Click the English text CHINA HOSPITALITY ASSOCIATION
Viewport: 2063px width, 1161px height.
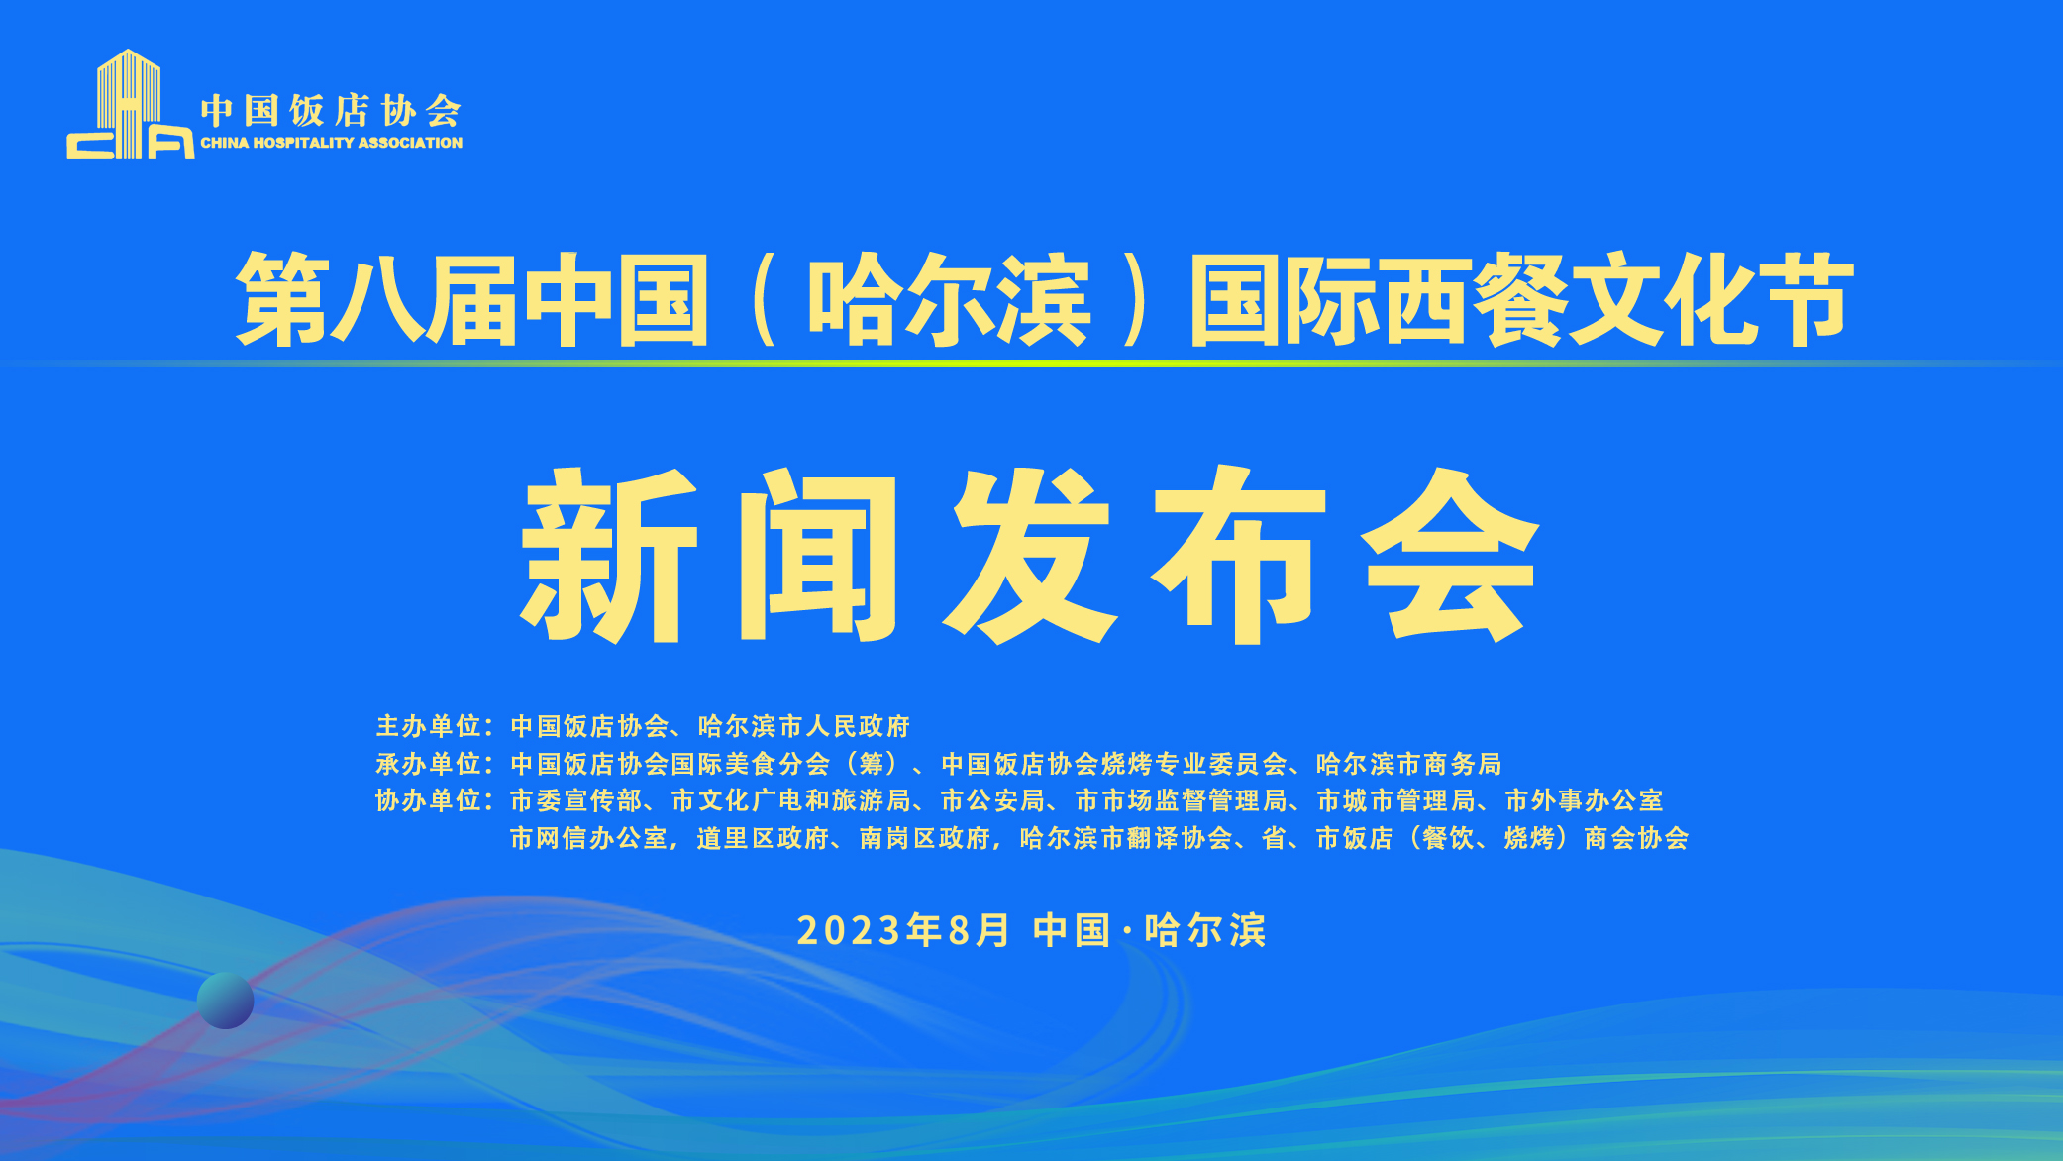(332, 143)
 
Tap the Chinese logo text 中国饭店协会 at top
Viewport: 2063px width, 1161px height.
(331, 111)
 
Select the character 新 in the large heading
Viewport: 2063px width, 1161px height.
(610, 555)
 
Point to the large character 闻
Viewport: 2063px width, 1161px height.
(818, 555)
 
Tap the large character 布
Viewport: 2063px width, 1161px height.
(1239, 555)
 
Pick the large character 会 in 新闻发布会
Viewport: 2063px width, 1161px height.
(1451, 555)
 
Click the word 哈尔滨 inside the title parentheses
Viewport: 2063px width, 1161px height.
(950, 299)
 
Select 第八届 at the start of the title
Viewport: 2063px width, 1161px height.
(376, 299)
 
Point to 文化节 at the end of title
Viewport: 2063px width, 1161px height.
(1711, 299)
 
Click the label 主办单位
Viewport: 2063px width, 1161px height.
(428, 726)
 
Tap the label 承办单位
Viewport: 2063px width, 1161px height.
(428, 764)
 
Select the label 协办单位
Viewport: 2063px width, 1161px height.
(428, 800)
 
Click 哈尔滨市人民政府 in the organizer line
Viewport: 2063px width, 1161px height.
(803, 726)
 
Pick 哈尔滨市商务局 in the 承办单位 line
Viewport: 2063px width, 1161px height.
(1408, 764)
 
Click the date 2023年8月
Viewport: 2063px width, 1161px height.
(903, 930)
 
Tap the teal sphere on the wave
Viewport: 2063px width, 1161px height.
(226, 1001)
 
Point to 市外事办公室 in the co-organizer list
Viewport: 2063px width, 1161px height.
(1584, 800)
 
